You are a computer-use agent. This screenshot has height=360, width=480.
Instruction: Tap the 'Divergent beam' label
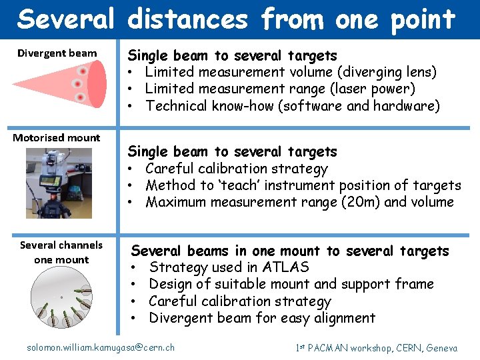click(57, 53)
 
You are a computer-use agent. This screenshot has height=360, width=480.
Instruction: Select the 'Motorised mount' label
click(57, 138)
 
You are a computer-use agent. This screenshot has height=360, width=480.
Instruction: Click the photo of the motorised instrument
click(59, 183)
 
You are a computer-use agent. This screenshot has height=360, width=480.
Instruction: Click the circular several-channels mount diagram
click(61, 301)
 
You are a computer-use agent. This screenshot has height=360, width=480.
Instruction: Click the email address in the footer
click(100, 347)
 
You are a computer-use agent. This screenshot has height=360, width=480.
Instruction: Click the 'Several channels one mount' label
click(61, 252)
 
